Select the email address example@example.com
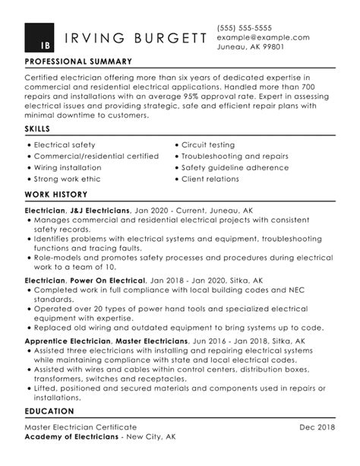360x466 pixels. [263, 36]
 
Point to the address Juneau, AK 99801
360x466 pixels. [251, 47]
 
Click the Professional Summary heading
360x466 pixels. [78, 62]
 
